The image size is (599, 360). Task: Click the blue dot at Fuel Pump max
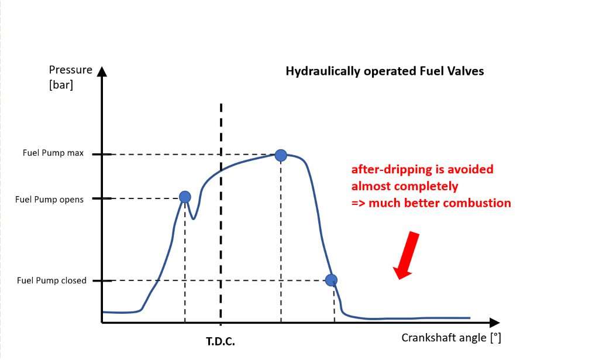(x=281, y=155)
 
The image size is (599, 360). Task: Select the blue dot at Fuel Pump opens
(x=185, y=197)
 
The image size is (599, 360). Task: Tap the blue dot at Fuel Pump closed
(x=331, y=279)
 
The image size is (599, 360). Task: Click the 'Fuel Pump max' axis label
(x=53, y=153)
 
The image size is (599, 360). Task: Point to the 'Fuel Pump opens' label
(x=49, y=199)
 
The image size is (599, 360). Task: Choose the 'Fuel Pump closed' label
(x=51, y=280)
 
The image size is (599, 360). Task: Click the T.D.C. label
(x=221, y=341)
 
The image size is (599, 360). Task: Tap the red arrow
(x=408, y=255)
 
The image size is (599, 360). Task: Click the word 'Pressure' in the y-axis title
(x=71, y=70)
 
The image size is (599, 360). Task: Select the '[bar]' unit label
(x=61, y=84)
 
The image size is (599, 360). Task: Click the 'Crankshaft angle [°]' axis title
(x=451, y=338)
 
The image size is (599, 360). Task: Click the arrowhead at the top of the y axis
(x=102, y=71)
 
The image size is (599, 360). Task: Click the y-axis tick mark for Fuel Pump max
(x=102, y=155)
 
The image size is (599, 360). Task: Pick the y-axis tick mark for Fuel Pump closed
(x=102, y=280)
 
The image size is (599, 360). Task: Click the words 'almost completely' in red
(x=404, y=186)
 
